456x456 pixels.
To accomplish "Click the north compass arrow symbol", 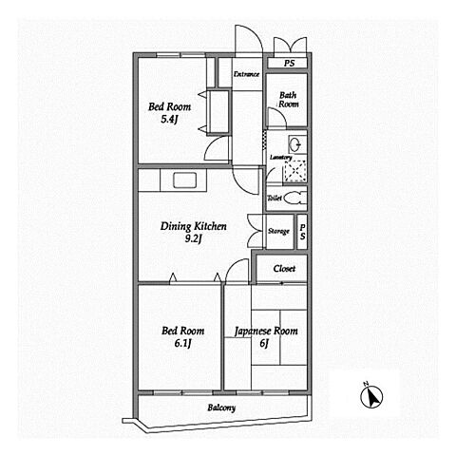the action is coord(371,396).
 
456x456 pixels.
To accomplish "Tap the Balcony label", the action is coord(221,408).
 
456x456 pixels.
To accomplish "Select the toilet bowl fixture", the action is coord(295,199).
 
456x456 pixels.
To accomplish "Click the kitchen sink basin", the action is coord(185,180).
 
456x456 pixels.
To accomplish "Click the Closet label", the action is coord(284,269).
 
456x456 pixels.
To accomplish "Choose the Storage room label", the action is coord(278,231).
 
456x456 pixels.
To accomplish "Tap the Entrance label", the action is coord(246,74).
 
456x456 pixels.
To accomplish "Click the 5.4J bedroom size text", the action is coord(169,120).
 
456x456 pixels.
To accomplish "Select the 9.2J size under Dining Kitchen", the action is coord(194,239).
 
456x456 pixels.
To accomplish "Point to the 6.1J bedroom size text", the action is coord(183,343).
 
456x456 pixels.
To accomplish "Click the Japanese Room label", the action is coord(266,332).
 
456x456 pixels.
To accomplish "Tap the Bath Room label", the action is coord(288,100).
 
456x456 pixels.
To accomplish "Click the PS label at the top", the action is coord(289,64).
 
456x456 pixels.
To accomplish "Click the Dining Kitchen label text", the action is coord(194,226).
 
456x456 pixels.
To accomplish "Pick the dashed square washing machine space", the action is coord(295,171).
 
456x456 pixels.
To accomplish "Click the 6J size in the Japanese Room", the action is coord(264,343).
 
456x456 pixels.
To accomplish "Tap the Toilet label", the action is coord(275,199).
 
